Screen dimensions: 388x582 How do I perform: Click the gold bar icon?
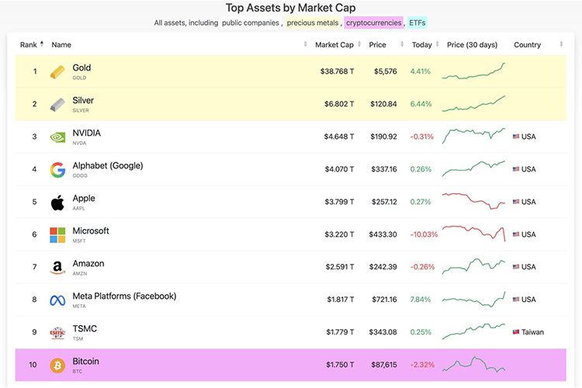(x=58, y=72)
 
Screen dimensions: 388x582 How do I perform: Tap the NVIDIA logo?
(x=57, y=137)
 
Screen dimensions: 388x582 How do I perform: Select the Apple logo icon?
(x=57, y=203)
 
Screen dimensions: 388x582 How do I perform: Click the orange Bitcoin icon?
(x=57, y=365)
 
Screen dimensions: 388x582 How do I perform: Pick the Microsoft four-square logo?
(x=57, y=235)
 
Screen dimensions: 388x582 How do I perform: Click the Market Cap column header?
(x=334, y=45)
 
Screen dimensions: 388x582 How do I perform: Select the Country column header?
(x=527, y=45)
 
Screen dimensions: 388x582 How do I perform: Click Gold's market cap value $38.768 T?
(x=337, y=71)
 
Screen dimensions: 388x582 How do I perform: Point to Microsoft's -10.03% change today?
(x=424, y=234)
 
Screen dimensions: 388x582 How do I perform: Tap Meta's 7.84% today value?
(x=421, y=300)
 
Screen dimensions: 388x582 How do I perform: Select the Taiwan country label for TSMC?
(x=532, y=332)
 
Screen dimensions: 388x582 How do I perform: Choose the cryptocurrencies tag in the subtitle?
(x=373, y=23)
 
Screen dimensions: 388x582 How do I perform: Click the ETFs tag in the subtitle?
(x=417, y=23)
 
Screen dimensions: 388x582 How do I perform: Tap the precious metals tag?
(x=314, y=23)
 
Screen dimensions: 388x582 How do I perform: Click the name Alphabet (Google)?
(x=107, y=166)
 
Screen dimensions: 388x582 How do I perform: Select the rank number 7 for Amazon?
(x=34, y=267)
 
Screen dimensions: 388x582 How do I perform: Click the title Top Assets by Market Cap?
(x=290, y=8)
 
